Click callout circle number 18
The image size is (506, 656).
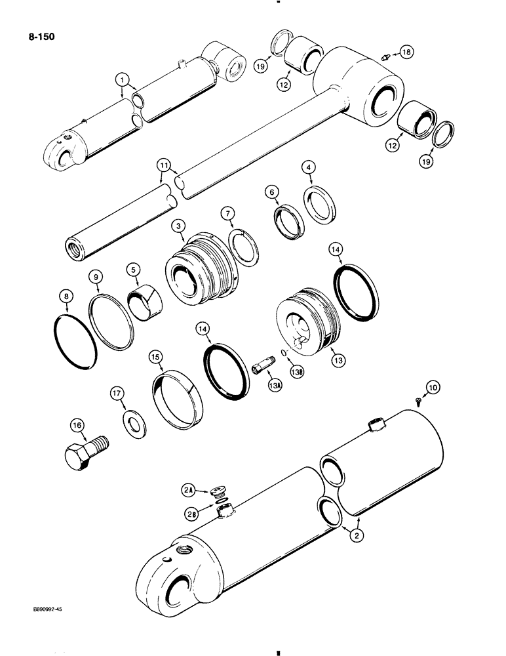coord(406,52)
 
